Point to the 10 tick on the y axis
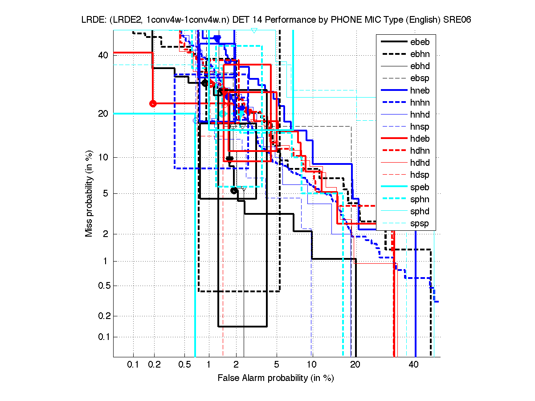(x=102, y=157)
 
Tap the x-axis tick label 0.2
(x=155, y=365)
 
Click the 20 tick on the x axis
(x=355, y=365)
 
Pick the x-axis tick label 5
(x=276, y=365)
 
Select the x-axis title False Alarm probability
(x=275, y=378)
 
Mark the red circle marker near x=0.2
(x=153, y=103)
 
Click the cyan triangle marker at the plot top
(x=254, y=30)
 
